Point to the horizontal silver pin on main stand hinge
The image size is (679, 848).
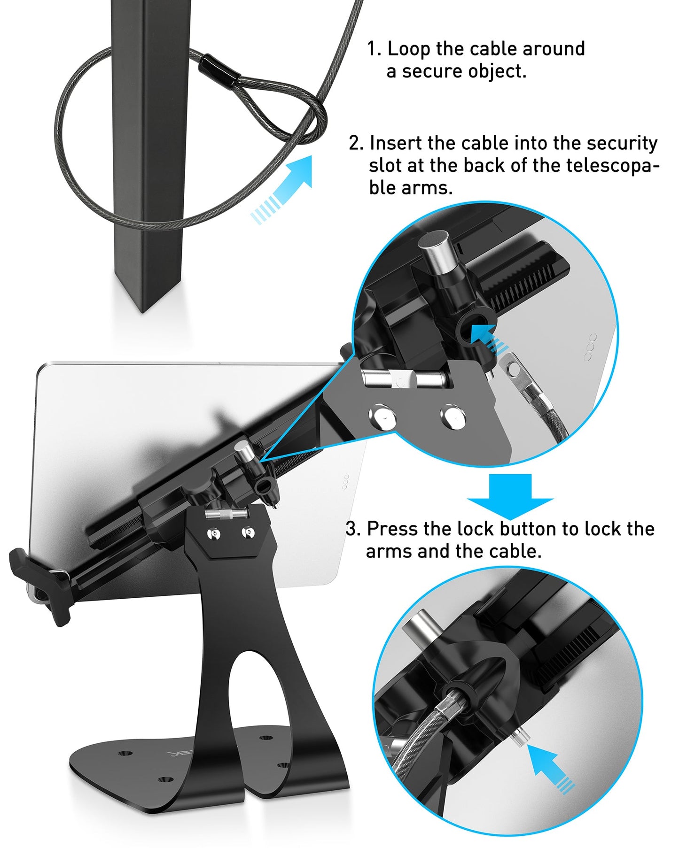(x=226, y=515)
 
